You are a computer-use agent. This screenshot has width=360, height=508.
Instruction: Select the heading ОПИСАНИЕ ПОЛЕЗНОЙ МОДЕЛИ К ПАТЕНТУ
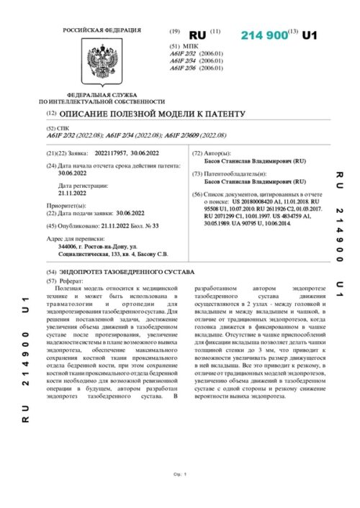152,114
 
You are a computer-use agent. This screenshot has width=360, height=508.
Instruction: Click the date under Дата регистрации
72,193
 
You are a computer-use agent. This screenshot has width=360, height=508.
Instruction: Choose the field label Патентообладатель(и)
238,174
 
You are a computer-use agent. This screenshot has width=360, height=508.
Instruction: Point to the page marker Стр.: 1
180,474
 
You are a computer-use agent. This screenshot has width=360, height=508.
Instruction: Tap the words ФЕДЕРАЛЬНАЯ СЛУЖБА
94,96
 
